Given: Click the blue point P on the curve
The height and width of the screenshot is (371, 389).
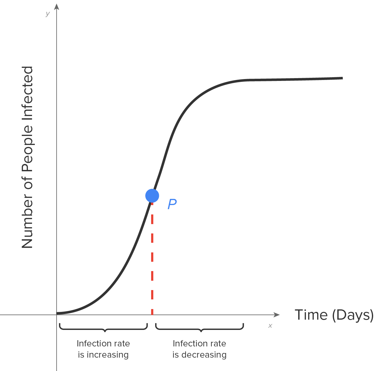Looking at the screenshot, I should coord(152,196).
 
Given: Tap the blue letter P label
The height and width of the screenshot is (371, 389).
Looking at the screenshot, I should coord(172,204).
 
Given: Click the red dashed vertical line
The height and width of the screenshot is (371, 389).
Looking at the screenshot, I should coord(152,258).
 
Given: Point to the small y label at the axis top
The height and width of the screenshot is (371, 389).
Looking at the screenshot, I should coord(47,14).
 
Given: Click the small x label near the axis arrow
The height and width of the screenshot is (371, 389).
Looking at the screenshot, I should coord(270,326).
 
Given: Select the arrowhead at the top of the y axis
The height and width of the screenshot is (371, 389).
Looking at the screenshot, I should coord(57,6).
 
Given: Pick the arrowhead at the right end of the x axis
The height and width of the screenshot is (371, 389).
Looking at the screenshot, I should coord(276,315).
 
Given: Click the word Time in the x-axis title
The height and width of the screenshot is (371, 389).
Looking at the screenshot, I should coord(311,315).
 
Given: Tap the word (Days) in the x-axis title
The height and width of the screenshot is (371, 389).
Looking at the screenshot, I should coord(353,315).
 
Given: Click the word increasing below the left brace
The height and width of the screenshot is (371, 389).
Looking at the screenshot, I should coord(108,355).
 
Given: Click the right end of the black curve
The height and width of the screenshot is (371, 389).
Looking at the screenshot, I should coord(342,78).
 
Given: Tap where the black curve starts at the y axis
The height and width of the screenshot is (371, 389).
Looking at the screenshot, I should coord(58,313).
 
